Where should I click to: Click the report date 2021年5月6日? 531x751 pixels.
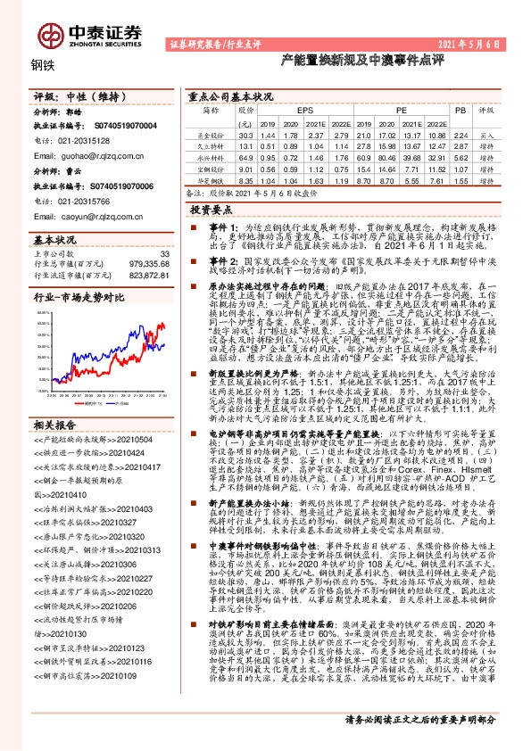[486, 44]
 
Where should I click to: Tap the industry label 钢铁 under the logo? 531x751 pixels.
[42, 63]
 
